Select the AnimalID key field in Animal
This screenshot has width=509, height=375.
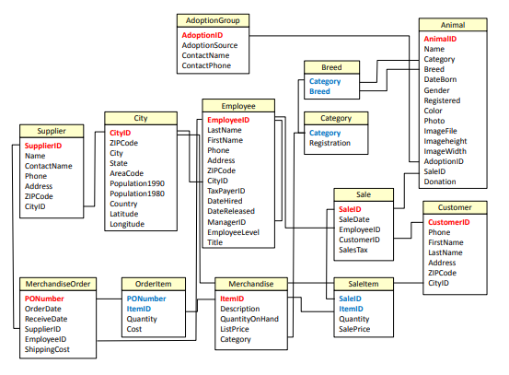440,40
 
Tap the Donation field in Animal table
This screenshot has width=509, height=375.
441,182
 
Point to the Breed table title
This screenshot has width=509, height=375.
331,67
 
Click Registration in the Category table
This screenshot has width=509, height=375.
330,143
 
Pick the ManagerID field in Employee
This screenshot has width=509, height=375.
226,221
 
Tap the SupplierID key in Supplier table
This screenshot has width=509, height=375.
43,146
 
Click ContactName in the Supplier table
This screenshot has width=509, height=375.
48,166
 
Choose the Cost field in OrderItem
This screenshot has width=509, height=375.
134,329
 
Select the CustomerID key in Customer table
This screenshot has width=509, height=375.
449,222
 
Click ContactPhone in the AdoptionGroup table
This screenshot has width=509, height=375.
206,66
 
